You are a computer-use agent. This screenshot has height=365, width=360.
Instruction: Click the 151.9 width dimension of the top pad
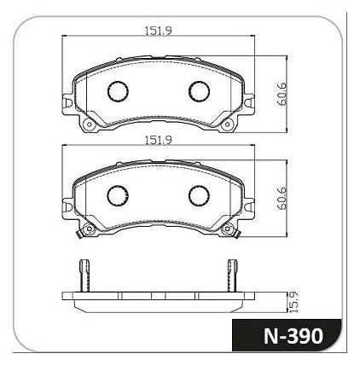(159, 31)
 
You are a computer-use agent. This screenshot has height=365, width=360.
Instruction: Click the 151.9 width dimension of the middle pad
(159, 141)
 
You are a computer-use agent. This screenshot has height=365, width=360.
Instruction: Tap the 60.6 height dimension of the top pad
(282, 94)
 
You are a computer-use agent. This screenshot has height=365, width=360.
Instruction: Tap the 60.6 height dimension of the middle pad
(282, 198)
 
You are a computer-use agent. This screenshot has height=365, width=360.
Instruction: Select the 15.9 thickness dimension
(293, 303)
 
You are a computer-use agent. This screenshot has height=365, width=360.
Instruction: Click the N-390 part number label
(293, 336)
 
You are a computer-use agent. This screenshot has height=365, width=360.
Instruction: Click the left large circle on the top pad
(118, 91)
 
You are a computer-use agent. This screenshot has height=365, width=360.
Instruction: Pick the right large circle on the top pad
(199, 91)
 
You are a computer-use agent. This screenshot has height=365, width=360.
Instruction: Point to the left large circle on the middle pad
(118, 195)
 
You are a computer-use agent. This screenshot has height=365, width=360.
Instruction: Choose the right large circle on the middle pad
(199, 195)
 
